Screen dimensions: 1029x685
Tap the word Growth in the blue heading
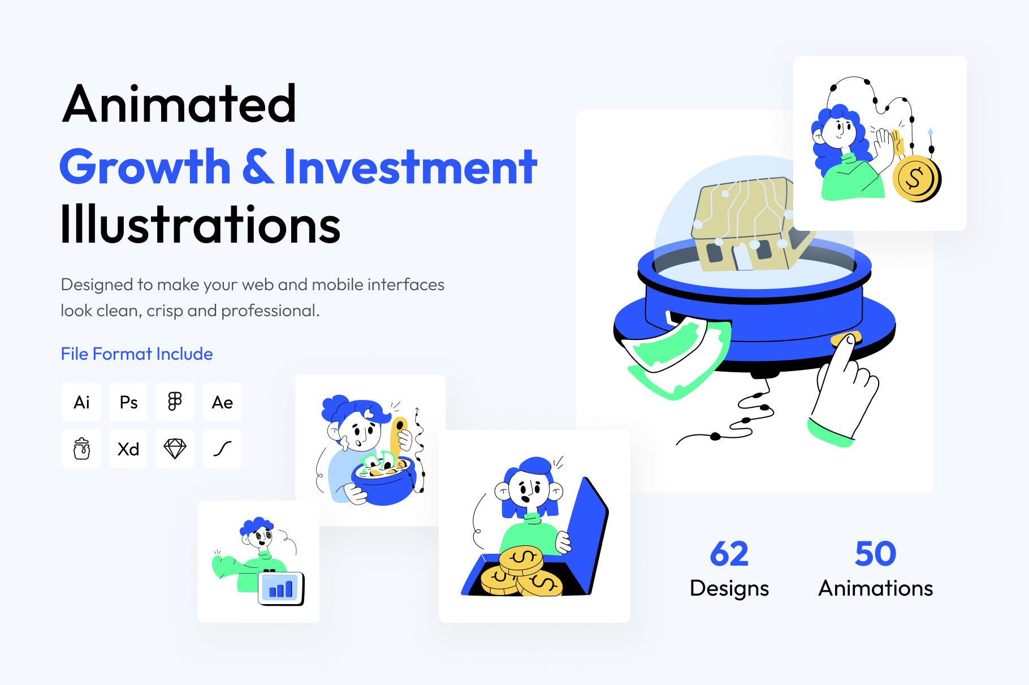click(145, 167)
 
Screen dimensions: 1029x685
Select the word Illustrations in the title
click(201, 225)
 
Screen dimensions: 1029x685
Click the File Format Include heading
click(137, 354)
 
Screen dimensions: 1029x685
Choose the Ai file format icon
click(81, 402)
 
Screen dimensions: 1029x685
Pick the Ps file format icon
click(128, 402)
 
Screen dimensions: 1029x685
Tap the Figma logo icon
click(175, 402)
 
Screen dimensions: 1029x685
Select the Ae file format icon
click(222, 402)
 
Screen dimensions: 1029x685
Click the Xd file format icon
click(128, 449)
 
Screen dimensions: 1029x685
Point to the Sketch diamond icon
click(175, 449)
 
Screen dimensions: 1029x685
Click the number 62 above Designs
click(729, 554)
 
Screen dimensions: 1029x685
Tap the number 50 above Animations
click(876, 554)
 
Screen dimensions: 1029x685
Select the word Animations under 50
click(876, 588)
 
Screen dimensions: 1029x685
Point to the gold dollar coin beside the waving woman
click(916, 179)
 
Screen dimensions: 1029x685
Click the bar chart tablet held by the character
click(281, 588)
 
